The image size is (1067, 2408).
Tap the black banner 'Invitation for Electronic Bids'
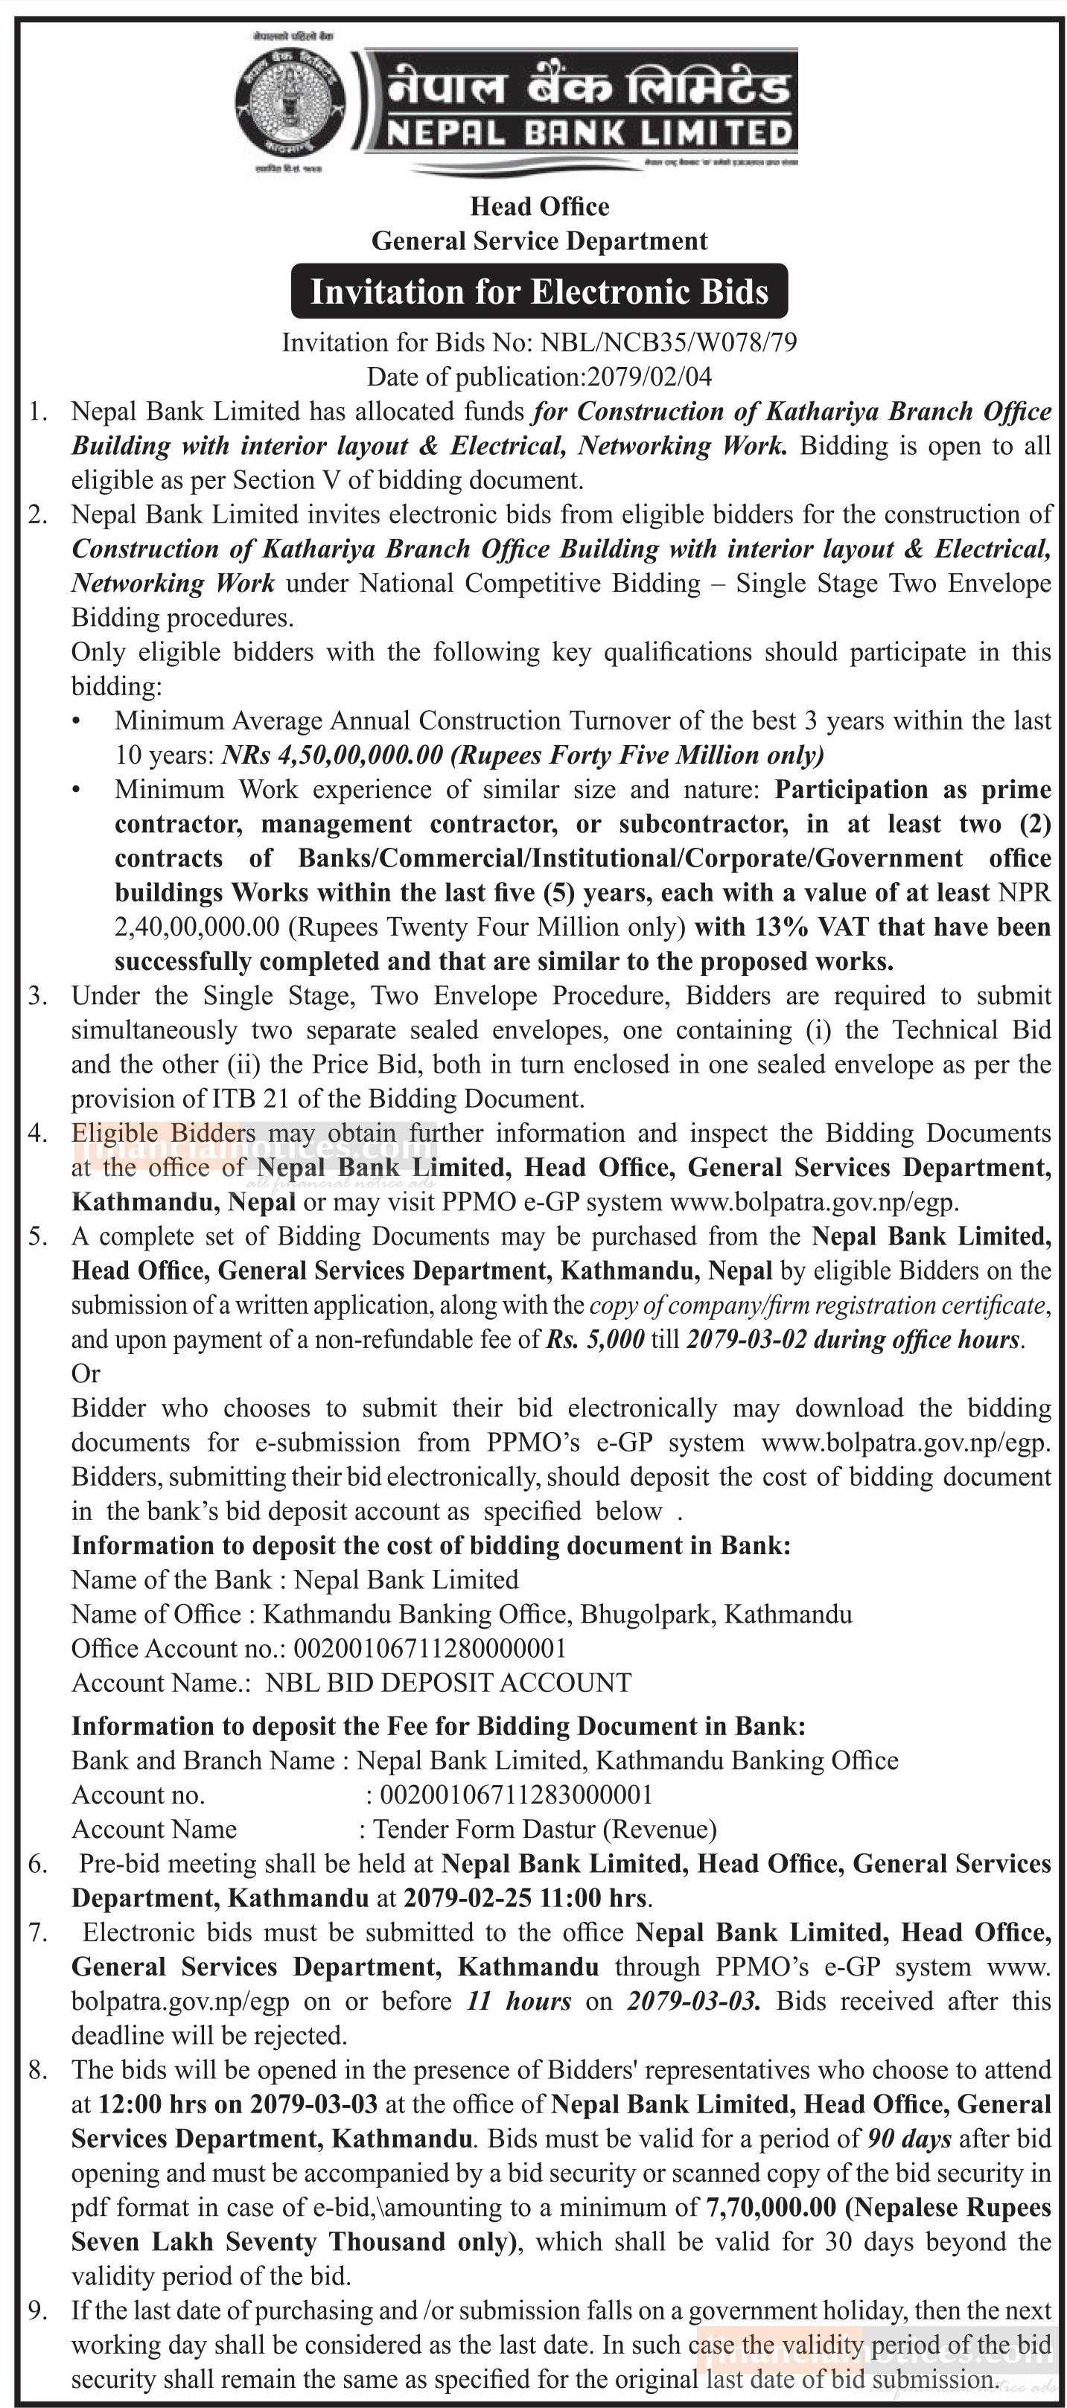540,292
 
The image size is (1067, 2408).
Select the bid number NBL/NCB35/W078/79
669,343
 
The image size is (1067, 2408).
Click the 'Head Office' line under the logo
540,207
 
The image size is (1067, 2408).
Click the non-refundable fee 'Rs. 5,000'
595,1340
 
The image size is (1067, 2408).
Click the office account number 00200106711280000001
429,1648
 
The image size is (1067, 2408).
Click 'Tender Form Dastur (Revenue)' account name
544,1830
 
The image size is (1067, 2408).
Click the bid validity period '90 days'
910,2139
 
